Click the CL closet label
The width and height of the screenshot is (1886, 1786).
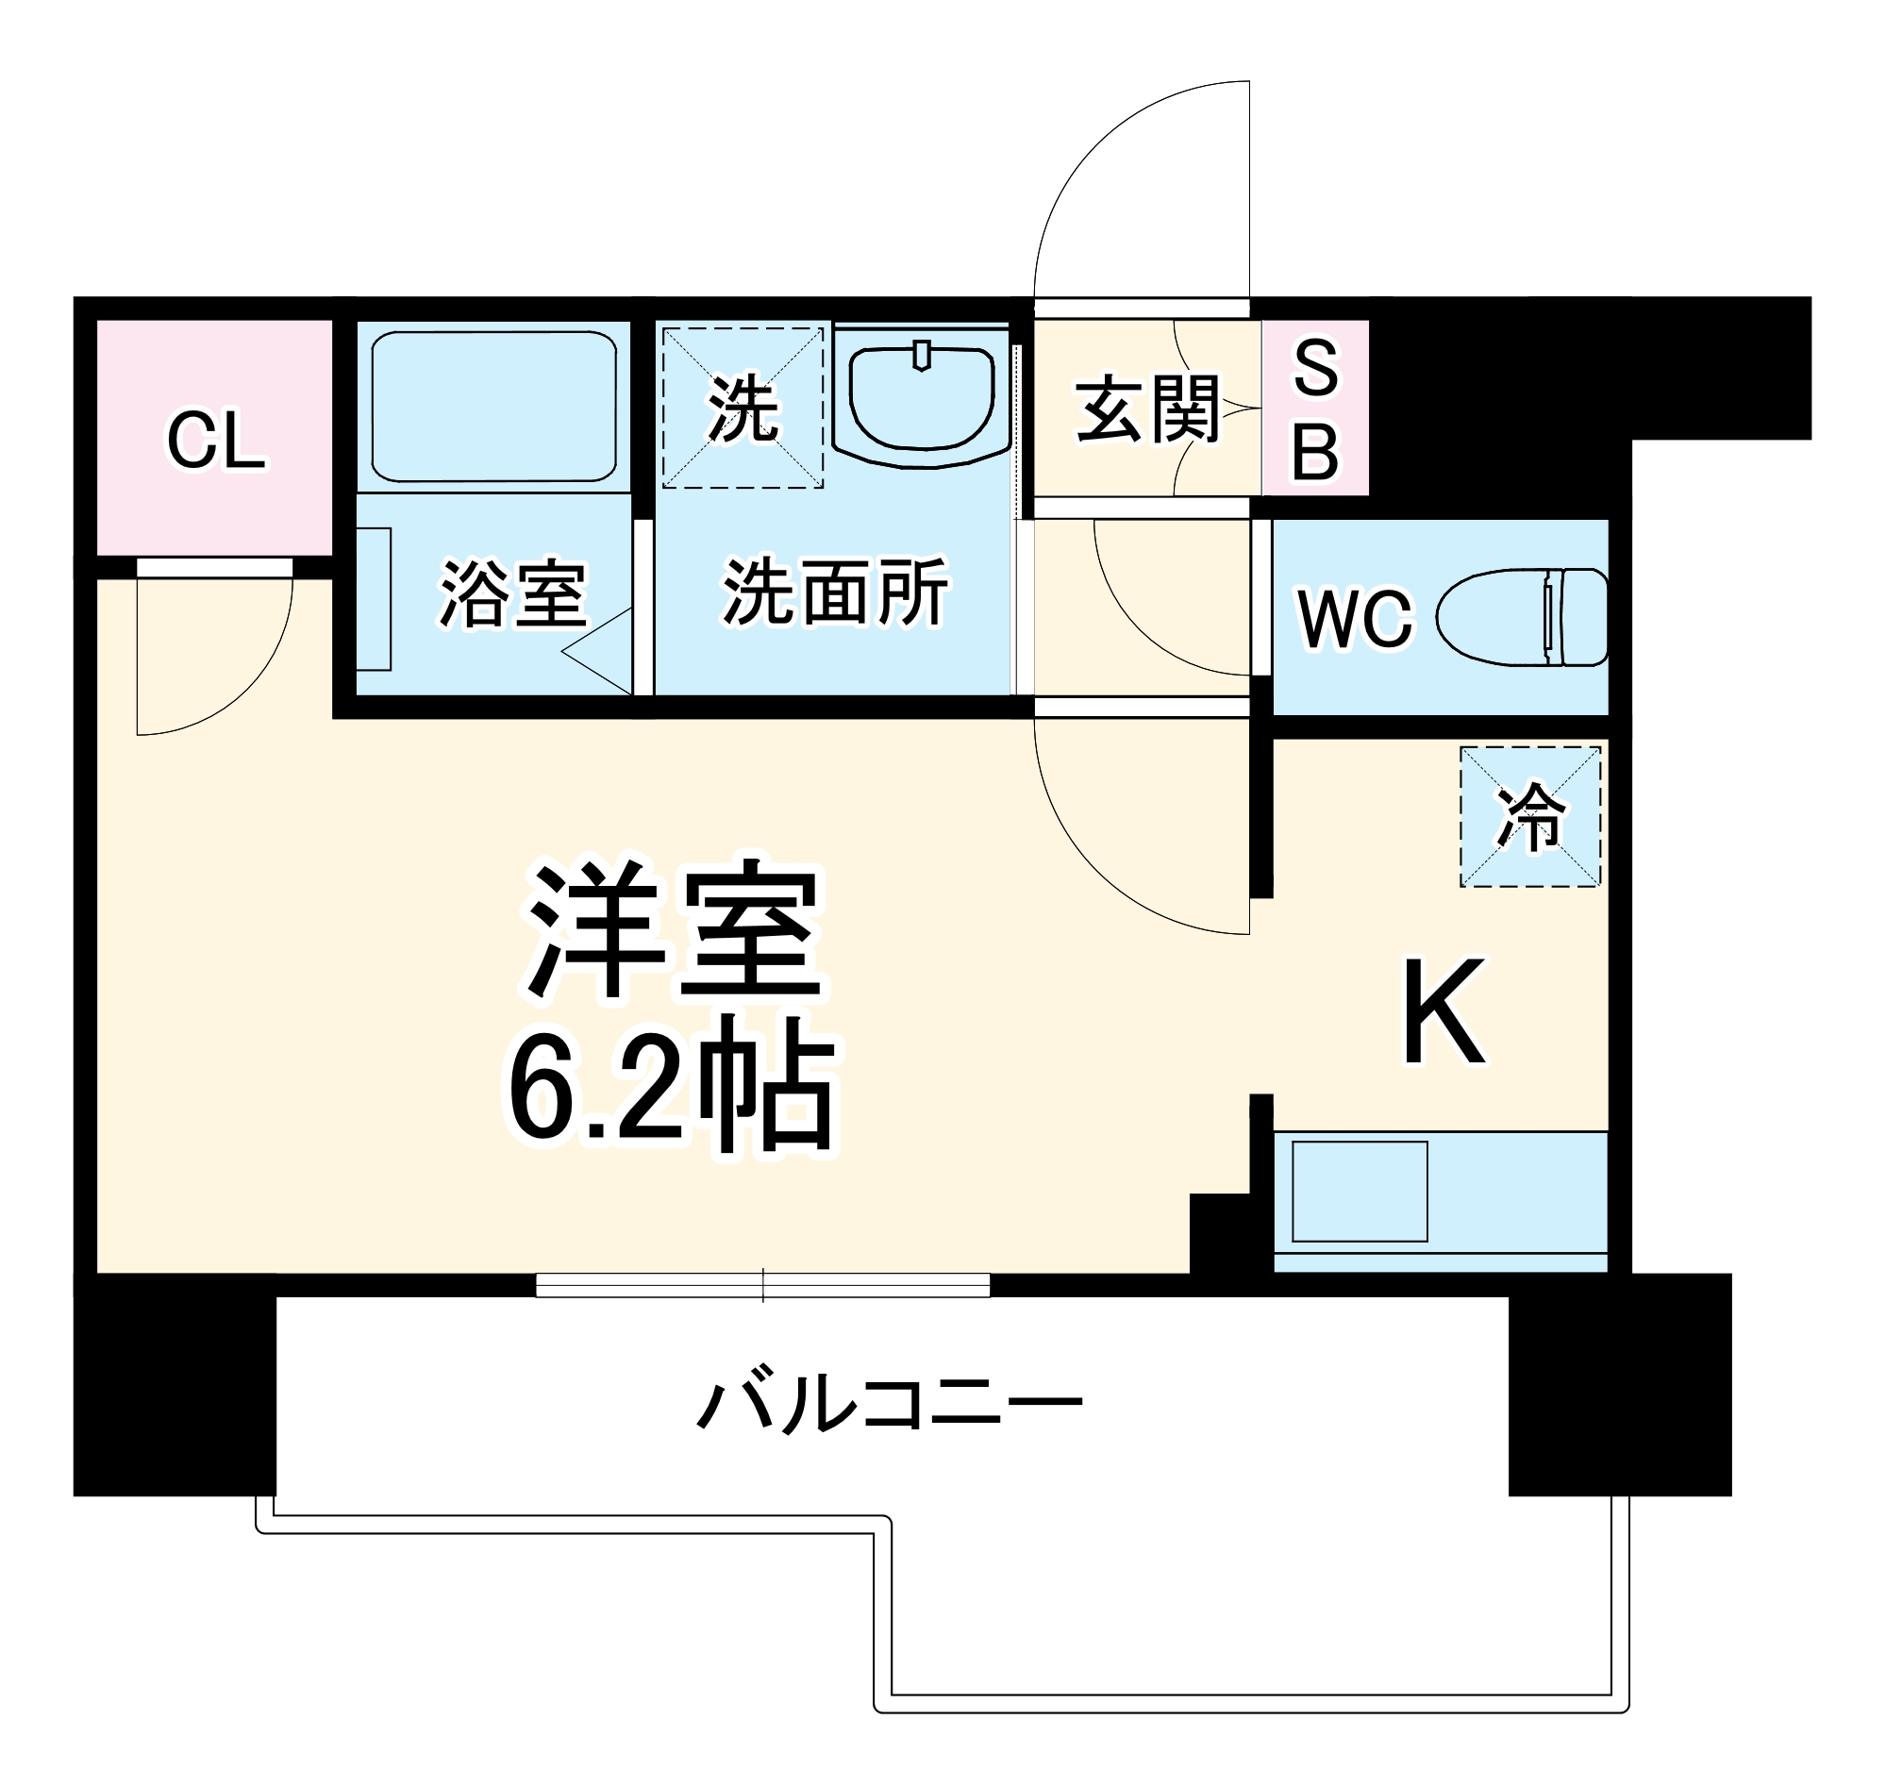(215, 442)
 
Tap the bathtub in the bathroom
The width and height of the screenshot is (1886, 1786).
(493, 406)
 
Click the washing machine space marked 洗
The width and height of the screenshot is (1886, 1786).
(743, 409)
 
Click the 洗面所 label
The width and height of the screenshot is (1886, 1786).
(835, 593)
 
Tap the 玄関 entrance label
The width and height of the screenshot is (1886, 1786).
(1148, 410)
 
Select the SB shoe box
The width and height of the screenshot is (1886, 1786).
(1316, 409)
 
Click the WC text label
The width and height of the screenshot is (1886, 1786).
(1355, 620)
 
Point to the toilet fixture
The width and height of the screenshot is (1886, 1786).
(1522, 618)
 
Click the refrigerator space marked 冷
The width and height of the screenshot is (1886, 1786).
(1530, 817)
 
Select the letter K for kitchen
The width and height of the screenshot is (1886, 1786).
(1444, 1011)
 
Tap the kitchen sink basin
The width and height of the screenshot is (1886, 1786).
(1360, 1191)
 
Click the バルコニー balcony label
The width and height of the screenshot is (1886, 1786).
(889, 1403)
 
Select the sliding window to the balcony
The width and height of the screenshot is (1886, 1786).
(762, 1285)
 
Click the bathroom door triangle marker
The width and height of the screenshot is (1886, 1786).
(600, 652)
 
